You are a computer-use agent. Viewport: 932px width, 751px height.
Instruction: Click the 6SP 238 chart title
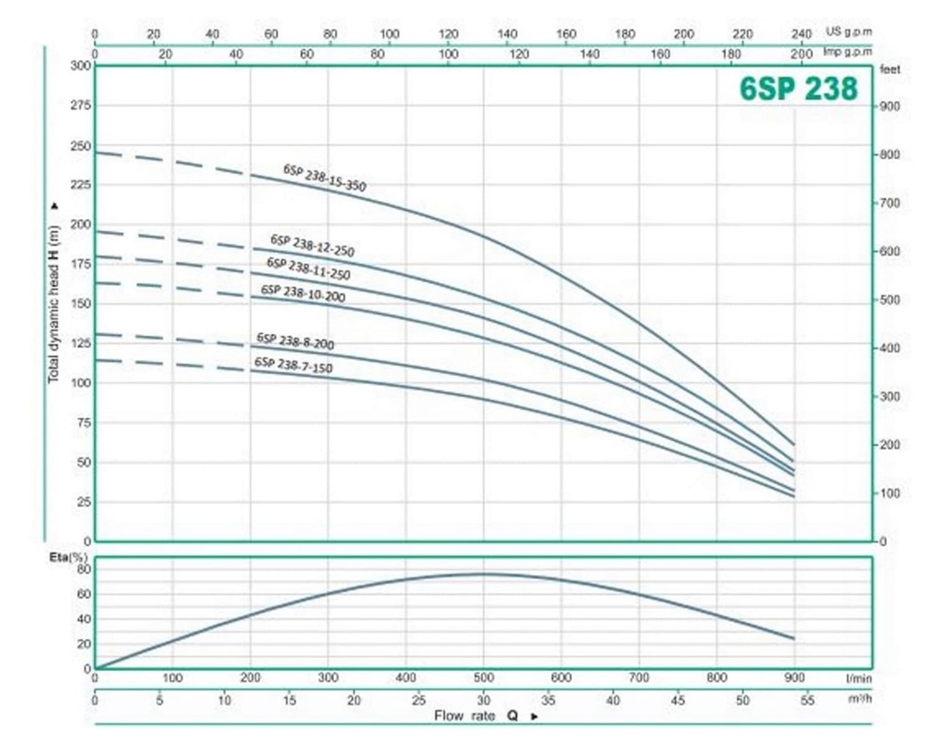[x=797, y=89]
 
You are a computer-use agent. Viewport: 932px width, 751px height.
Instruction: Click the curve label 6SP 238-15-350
[x=324, y=178]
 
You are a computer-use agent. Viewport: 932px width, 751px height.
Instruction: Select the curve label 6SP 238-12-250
[x=311, y=245]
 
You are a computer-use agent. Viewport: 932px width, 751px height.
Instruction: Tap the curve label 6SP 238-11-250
[x=308, y=269]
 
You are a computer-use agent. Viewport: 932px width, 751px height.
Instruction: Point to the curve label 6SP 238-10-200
[x=302, y=292]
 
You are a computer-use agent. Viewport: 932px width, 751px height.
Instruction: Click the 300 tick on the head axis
[x=80, y=66]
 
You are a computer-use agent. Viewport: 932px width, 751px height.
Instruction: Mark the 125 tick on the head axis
[x=80, y=343]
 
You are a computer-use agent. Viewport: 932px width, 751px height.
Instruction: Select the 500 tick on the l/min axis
[x=483, y=677]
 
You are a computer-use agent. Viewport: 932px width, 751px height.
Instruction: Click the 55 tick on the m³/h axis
[x=806, y=700]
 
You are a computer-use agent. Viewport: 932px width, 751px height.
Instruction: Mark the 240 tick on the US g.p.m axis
[x=801, y=34]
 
